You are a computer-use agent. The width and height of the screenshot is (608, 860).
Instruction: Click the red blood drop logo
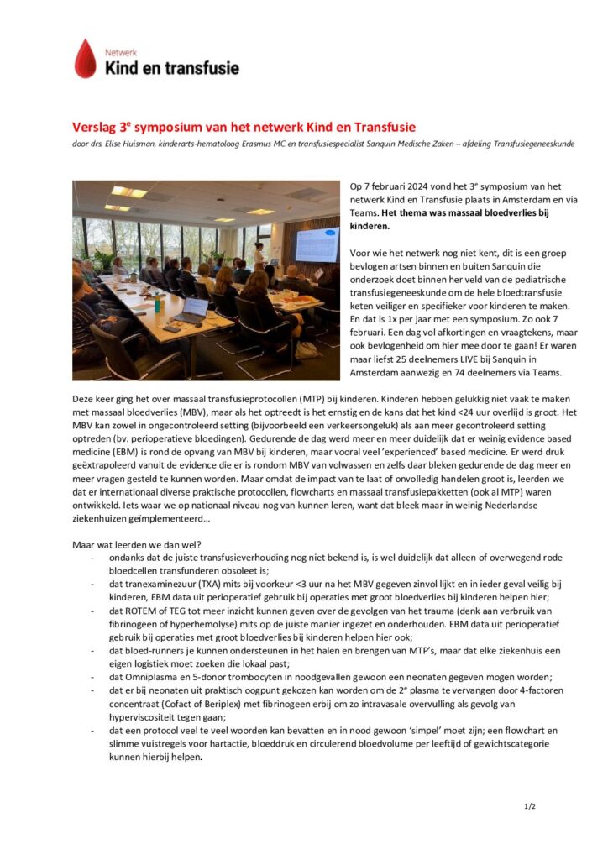coord(85,59)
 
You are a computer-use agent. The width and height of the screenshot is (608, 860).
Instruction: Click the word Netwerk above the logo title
coord(120,52)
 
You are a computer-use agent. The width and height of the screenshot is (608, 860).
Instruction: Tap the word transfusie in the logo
coord(199,68)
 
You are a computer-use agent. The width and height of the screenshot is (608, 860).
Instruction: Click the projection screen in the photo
coord(317,245)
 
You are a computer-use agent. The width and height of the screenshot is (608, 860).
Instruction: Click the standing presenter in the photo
coord(259,254)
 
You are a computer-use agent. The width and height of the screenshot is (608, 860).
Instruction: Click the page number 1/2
coord(530,807)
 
